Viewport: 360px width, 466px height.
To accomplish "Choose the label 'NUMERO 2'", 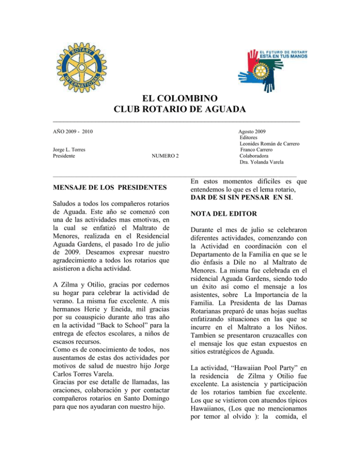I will point(165,156).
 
